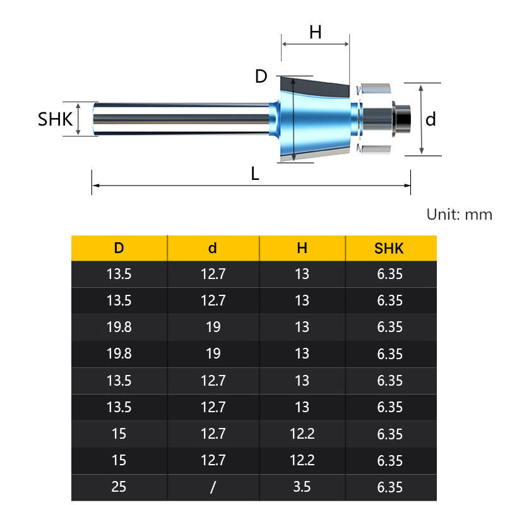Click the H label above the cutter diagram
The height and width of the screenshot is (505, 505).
[315, 32]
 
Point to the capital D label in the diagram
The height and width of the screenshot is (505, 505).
[261, 76]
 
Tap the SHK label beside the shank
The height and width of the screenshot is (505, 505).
[55, 119]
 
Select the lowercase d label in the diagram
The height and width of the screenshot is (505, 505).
[431, 119]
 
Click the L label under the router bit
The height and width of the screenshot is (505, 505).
[255, 174]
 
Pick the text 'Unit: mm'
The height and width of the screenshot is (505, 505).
[460, 214]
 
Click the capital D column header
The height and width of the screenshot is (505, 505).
[119, 248]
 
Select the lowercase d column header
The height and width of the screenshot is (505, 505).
[213, 248]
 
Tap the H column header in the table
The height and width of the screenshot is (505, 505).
[302, 248]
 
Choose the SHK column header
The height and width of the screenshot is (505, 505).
[389, 249]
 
